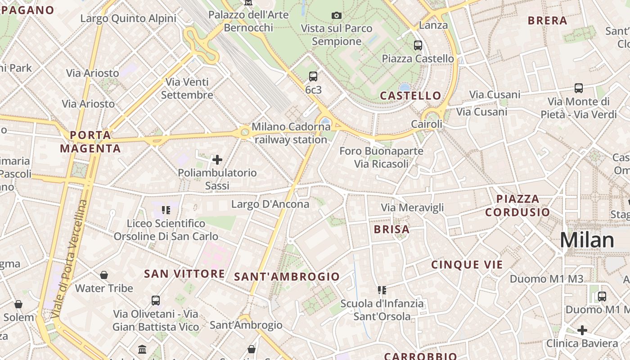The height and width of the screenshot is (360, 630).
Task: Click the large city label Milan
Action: coord(587,241)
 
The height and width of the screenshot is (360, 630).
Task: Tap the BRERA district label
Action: coord(547,21)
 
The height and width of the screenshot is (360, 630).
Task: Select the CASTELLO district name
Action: coord(410,95)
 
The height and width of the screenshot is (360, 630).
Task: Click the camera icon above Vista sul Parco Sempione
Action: coord(336,16)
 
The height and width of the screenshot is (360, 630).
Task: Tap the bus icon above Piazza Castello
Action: coord(418,45)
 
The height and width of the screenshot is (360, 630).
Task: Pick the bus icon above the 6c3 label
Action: coord(313,76)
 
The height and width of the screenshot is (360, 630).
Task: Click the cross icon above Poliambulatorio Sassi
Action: coord(217,160)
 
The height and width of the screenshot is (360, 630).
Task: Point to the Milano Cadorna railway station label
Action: coord(291,133)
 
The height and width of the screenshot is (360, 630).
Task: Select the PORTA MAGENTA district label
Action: coord(90,142)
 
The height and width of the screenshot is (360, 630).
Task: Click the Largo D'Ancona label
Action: coord(270,204)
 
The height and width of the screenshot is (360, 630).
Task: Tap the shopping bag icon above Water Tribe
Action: coord(104,275)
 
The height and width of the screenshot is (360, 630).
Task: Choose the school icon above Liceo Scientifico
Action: coord(166,210)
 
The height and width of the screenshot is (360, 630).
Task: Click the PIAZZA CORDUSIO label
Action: coord(517,205)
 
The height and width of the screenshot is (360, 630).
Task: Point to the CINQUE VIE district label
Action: coord(467,265)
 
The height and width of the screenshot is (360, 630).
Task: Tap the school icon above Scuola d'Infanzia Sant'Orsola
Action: coord(382,290)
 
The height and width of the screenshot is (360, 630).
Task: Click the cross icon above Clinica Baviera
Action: coord(582,330)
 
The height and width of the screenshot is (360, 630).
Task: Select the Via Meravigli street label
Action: coord(412,207)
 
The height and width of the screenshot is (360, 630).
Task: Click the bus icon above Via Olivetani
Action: coord(156,300)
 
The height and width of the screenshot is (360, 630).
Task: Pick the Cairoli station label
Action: coord(427,124)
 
